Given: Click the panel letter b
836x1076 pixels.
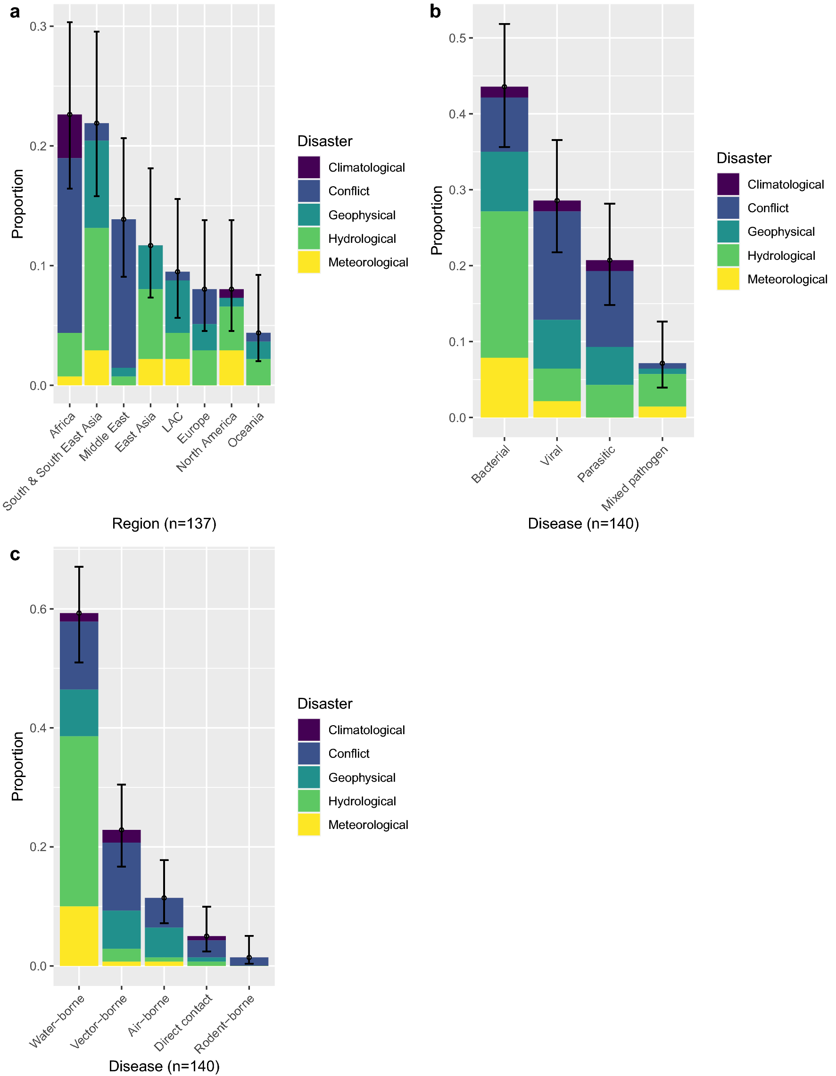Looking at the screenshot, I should coord(435,12).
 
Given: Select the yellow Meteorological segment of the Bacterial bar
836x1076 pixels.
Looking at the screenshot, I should coord(504,387).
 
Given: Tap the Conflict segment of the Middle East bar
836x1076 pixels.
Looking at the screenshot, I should coord(124,293).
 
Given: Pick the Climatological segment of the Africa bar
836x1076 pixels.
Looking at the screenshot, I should coord(70,136).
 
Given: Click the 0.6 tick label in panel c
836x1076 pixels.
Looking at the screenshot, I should coord(38,610).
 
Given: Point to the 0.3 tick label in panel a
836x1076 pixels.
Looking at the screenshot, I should coord(38,26).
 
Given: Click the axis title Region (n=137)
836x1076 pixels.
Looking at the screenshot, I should coord(164,523).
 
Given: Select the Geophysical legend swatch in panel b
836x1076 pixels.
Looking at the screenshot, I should coord(728,232).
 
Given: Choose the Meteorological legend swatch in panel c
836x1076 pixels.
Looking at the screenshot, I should coord(309,825).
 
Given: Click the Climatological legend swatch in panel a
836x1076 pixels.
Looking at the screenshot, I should coord(309,167).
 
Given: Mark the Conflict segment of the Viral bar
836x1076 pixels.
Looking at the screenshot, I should coord(557,265).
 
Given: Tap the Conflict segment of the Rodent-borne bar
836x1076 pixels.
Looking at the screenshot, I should coord(249,961).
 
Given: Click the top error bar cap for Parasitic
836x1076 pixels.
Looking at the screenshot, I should coord(609,204).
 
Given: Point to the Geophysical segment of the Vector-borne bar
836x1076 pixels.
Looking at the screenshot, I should coord(122,929).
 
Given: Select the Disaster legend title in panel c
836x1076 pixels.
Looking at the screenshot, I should coord(325,704).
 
